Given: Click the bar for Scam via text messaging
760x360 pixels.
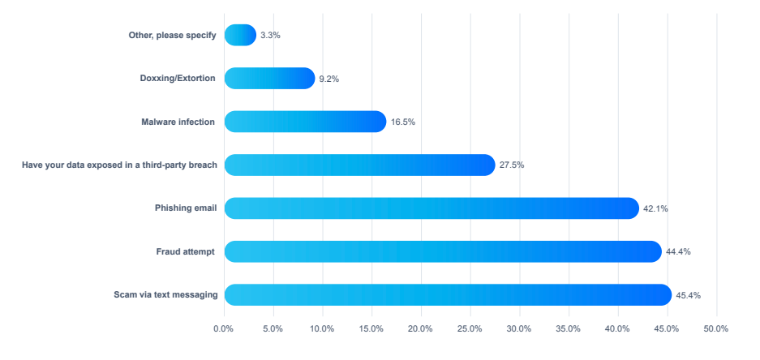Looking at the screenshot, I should tap(448, 294).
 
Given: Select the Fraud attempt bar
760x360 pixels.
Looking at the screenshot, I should tap(443, 251).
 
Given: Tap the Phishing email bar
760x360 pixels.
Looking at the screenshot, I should tap(432, 208).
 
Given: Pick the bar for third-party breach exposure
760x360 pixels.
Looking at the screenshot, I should tap(359, 165).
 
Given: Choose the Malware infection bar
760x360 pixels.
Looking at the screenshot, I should tap(305, 122).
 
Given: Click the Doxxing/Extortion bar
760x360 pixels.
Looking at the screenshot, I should tap(269, 78).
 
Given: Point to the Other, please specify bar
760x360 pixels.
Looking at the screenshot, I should tap(240, 35).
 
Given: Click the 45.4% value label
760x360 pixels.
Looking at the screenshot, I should tap(688, 295).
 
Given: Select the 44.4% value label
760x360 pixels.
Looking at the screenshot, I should tap(678, 251).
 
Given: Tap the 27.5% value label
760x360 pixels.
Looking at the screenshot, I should tap(512, 165).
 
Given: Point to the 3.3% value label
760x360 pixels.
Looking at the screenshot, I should tap(270, 36).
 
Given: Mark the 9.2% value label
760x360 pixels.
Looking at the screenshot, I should tap(328, 79).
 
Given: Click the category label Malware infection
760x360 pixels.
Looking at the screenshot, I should tap(178, 122).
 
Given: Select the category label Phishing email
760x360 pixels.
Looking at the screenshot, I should tap(186, 208).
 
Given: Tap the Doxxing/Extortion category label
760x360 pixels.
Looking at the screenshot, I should tap(178, 79).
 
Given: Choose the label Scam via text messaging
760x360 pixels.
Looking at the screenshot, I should tap(165, 295).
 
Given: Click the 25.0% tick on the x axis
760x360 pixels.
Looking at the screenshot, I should tap(470, 328).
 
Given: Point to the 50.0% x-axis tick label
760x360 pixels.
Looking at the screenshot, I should tap(715, 328).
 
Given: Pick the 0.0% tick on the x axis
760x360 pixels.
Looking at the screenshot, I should tap(224, 328).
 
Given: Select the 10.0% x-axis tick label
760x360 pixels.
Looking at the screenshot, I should tap(322, 328).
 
